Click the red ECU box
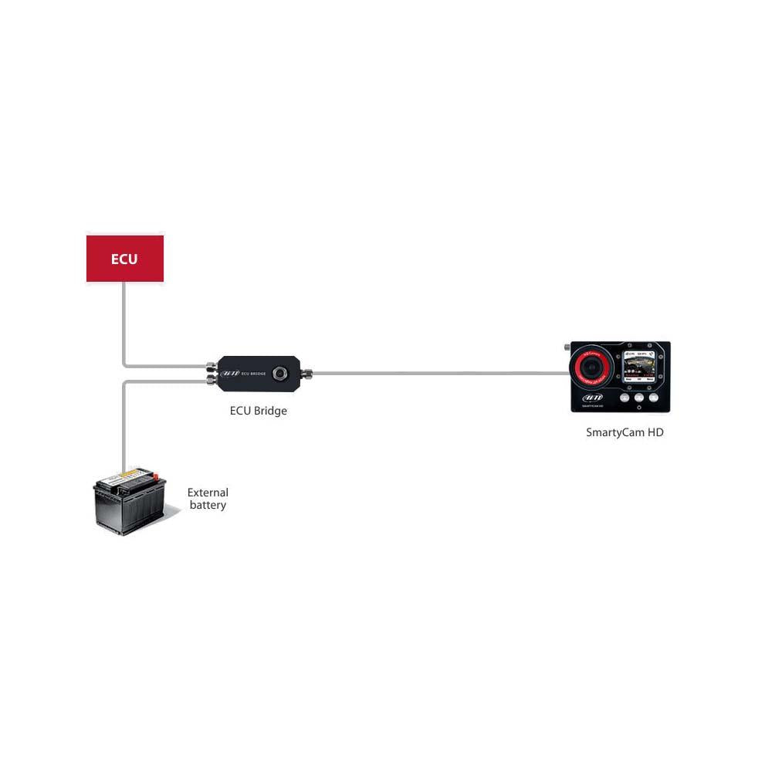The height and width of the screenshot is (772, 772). click(x=124, y=259)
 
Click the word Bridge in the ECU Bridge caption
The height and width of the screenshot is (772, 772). click(x=269, y=411)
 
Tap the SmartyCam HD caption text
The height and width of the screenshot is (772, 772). click(x=625, y=432)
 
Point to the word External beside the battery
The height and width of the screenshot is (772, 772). click(x=208, y=493)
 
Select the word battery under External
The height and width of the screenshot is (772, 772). click(x=208, y=506)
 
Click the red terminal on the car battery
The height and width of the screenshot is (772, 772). click(x=156, y=476)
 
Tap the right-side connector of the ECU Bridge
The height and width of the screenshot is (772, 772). click(x=306, y=373)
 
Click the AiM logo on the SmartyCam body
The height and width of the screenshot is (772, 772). click(x=592, y=398)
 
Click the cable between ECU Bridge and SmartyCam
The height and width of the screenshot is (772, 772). click(x=440, y=373)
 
